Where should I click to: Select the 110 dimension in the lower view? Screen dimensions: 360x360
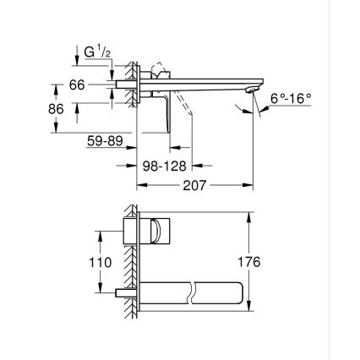[x=101, y=262]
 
